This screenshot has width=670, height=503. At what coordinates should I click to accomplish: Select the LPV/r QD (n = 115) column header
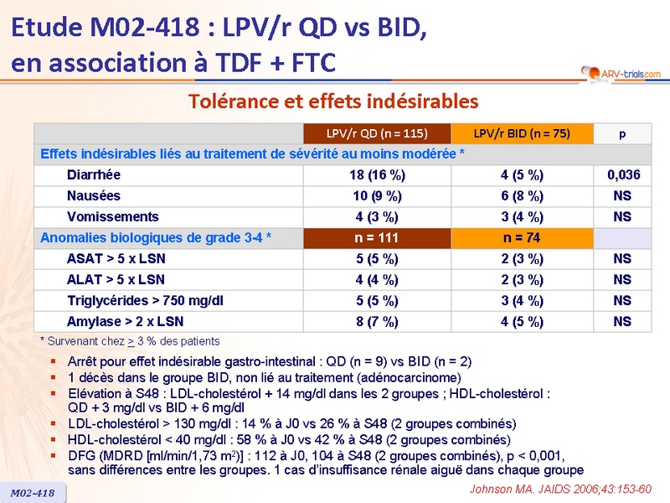377,133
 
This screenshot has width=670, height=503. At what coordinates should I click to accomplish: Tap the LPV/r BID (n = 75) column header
521,133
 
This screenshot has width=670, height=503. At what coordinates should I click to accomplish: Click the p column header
621,133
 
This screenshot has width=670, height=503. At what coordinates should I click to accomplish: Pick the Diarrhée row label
94,175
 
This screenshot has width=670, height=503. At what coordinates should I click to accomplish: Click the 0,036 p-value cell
621,175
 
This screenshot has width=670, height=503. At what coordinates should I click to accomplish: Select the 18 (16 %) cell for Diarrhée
377,175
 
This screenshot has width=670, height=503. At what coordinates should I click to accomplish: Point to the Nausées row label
94,196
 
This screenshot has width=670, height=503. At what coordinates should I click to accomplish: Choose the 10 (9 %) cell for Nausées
377,196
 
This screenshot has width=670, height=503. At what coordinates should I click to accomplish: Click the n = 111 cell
377,238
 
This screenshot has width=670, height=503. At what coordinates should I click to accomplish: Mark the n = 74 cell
521,238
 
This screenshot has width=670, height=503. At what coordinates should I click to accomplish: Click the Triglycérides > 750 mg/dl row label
145,300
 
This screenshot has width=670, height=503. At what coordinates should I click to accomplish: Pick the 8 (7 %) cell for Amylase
377,321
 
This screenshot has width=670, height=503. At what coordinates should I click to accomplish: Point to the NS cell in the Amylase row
621,321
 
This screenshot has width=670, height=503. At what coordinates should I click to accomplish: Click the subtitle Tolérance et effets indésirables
333,101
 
